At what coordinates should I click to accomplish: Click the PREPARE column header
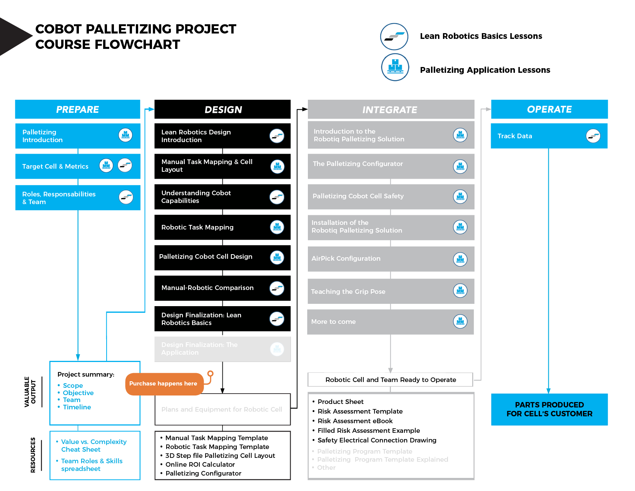point(77,109)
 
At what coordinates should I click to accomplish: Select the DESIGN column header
point(222,109)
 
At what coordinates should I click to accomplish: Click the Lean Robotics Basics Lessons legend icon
point(394,37)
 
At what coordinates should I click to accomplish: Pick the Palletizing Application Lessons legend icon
point(395,67)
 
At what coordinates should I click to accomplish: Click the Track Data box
point(549,136)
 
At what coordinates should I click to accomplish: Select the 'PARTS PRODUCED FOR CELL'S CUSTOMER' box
point(549,409)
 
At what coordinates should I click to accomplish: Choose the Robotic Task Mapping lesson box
point(222,227)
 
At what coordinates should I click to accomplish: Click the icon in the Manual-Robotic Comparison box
point(277,288)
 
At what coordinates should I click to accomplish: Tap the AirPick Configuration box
point(391,259)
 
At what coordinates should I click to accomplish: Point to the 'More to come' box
point(390,322)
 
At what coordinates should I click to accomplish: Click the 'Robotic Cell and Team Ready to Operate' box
point(390,380)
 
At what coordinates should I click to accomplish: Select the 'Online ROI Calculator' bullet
point(200,464)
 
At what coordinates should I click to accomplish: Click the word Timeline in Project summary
point(77,407)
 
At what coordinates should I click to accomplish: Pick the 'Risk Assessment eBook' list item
point(355,421)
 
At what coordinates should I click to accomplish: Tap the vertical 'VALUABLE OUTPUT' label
point(30,392)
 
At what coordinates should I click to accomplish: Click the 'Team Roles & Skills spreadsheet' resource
point(92,465)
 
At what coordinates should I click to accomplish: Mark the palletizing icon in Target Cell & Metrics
point(106,166)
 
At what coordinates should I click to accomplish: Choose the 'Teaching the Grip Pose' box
point(390,292)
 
